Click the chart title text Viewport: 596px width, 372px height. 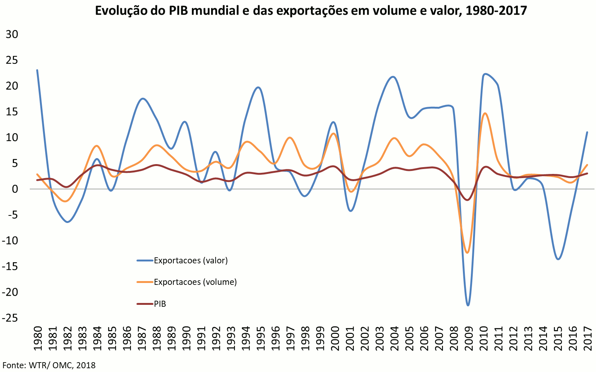(x=311, y=11)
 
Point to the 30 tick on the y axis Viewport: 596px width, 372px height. (x=12, y=34)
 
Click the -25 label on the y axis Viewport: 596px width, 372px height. (x=10, y=318)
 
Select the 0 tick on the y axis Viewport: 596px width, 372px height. (x=15, y=189)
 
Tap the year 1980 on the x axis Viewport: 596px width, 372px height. (x=38, y=338)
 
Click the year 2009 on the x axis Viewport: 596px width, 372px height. (x=468, y=338)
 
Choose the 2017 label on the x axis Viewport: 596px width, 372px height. (x=587, y=338)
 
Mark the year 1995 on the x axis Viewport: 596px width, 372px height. (x=260, y=338)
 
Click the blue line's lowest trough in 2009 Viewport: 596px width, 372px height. (x=468, y=305)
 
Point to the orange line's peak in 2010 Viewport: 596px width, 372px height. (x=485, y=113)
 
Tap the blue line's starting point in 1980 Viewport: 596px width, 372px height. (x=37, y=70)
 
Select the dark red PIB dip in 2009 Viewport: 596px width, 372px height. (x=468, y=200)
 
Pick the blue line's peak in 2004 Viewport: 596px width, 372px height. (x=393, y=77)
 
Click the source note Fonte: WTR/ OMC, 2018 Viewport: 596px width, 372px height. (x=49, y=365)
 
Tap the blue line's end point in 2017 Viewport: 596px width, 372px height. (x=587, y=132)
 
